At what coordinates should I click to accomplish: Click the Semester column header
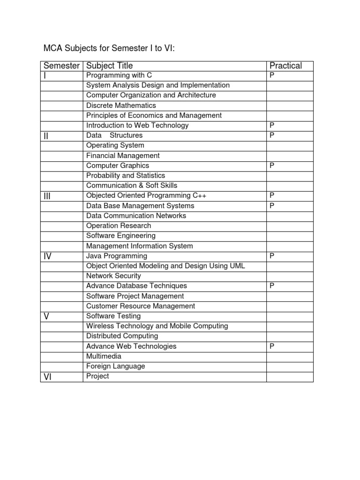pos(61,66)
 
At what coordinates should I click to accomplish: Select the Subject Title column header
pos(109,66)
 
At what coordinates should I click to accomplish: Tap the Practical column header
pos(285,66)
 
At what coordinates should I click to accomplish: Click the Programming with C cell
pos(119,75)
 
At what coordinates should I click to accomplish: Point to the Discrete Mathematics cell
pos(121,105)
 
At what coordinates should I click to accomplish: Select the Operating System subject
pos(115,145)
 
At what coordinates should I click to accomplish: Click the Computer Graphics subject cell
pos(118,165)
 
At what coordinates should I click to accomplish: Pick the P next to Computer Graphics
pos(272,165)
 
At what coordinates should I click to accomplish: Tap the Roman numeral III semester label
pos(47,196)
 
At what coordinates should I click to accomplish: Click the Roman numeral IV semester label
pos(48,257)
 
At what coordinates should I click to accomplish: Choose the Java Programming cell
pos(117,256)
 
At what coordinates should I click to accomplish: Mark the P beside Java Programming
pos(272,256)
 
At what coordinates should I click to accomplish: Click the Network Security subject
pos(113,276)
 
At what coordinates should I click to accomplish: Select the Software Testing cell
pos(113,316)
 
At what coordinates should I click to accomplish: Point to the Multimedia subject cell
pos(104,356)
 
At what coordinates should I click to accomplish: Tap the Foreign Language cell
pos(116,366)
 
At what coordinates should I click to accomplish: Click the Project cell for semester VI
pos(97,376)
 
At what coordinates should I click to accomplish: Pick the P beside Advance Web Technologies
pos(272,346)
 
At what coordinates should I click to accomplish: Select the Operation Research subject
pos(119,225)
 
